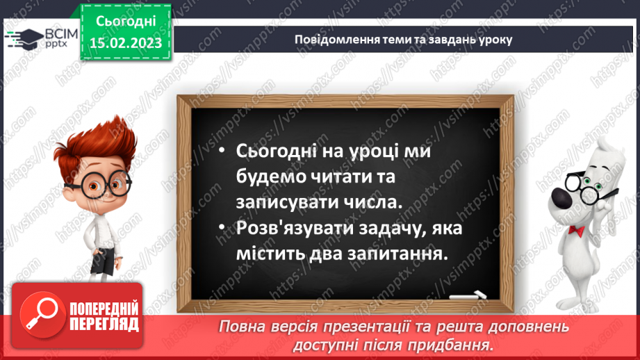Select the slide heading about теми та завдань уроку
coord(403,39)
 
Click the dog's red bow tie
coord(576,230)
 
